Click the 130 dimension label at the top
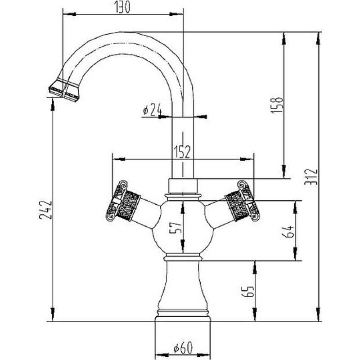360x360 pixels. (122, 7)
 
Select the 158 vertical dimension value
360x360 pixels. (277, 105)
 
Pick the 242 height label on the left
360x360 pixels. (45, 210)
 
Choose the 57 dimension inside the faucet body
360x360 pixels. (175, 228)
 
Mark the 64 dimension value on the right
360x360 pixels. (288, 231)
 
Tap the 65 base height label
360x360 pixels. (248, 291)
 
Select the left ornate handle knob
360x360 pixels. (123, 201)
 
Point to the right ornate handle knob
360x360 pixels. (243, 201)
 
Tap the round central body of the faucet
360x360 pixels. (183, 227)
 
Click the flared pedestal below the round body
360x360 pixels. (183, 287)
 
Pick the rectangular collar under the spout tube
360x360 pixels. (183, 186)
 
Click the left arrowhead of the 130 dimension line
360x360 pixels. (69, 14)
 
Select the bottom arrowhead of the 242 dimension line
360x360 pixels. (53, 315)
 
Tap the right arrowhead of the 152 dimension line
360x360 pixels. (247, 159)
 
